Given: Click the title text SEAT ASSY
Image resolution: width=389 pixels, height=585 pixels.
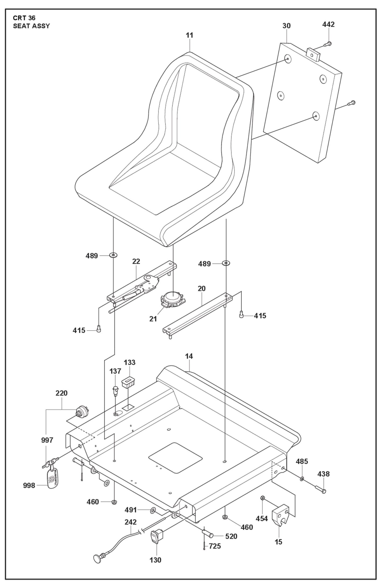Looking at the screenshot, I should pyautogui.click(x=31, y=26).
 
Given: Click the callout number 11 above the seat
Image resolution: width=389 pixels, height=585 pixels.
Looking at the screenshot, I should pyautogui.click(x=190, y=35).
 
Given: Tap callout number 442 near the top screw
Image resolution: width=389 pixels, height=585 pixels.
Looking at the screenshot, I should pyautogui.click(x=328, y=24).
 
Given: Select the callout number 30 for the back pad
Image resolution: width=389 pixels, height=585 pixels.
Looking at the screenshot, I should pyautogui.click(x=286, y=26).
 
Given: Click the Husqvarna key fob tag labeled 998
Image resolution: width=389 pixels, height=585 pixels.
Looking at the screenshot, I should pyautogui.click(x=53, y=479).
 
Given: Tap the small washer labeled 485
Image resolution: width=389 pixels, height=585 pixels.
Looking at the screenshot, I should pyautogui.click(x=302, y=479).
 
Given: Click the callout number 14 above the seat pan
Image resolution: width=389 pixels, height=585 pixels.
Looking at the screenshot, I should pyautogui.click(x=189, y=356).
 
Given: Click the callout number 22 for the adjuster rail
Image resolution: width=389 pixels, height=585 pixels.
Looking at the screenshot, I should pyautogui.click(x=136, y=261).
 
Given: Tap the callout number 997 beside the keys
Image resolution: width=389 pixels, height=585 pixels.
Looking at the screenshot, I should pyautogui.click(x=47, y=440).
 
